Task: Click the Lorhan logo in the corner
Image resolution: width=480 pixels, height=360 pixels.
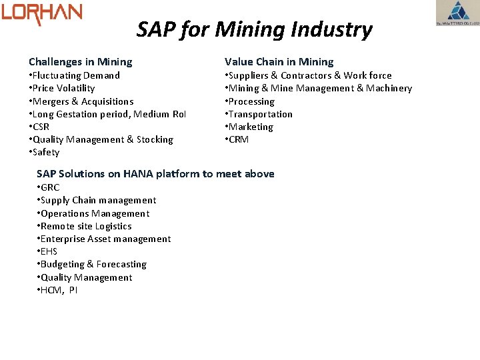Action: tap(41, 13)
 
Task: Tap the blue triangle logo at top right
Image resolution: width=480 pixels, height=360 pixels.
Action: tap(457, 13)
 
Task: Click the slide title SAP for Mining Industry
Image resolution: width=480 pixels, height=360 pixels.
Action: tap(254, 29)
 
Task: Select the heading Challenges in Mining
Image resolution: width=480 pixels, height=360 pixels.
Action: tap(80, 62)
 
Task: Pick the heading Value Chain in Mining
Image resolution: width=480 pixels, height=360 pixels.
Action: tap(279, 62)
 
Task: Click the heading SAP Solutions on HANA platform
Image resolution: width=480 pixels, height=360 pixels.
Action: tap(155, 174)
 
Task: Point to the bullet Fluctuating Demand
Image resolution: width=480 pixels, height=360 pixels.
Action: tap(75, 75)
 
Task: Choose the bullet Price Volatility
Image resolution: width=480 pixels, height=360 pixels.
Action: tap(62, 88)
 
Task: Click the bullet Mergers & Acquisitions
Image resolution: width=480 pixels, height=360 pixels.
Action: tap(81, 101)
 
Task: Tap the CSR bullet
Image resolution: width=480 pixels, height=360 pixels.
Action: tap(39, 127)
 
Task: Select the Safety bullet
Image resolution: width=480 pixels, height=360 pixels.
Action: tap(45, 152)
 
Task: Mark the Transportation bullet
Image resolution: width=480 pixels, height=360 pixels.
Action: tap(259, 114)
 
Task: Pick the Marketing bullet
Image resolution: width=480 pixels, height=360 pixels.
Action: tap(249, 127)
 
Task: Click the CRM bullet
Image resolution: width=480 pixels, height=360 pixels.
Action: tap(237, 139)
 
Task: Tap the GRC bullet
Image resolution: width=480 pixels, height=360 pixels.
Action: tap(49, 187)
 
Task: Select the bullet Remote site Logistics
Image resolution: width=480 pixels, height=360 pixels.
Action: tap(85, 226)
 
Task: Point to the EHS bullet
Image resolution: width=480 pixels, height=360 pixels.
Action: tap(47, 251)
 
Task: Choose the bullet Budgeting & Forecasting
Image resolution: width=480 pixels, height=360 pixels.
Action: tap(92, 264)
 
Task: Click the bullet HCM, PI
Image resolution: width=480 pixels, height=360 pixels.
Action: tap(58, 290)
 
